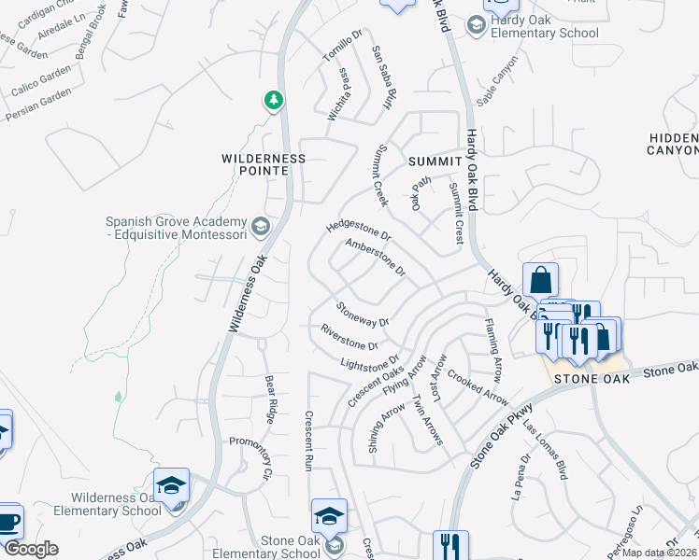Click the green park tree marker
click(x=273, y=99)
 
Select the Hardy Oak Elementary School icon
click(x=475, y=25)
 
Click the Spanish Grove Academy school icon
click(x=261, y=225)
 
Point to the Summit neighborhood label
click(x=435, y=161)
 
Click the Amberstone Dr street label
click(x=375, y=259)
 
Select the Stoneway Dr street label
click(x=363, y=315)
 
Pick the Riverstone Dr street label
click(x=349, y=338)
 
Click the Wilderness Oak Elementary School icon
click(x=171, y=485)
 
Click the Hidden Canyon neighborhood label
click(x=674, y=144)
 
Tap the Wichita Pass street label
click(x=338, y=94)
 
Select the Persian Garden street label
click(x=38, y=105)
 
